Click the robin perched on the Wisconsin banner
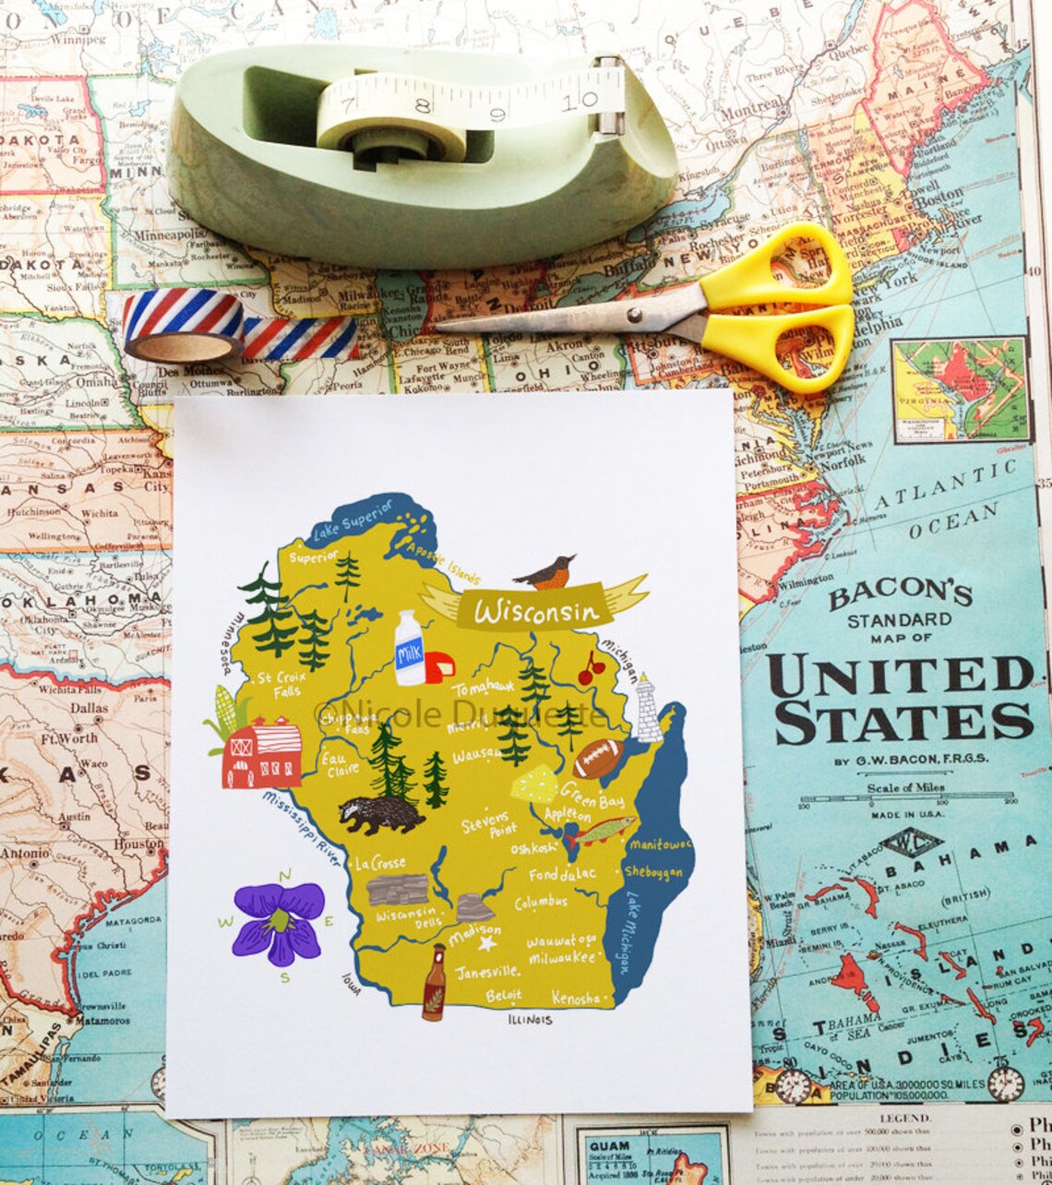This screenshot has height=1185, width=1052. pos(545,572)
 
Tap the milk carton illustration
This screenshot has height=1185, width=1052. pos(409,649)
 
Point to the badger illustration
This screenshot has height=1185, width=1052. pos(379,813)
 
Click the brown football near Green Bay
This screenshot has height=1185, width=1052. pos(600,758)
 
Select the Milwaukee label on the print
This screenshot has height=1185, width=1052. pos(562,959)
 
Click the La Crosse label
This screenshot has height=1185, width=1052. pos(379,863)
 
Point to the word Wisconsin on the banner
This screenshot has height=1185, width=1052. pos(536,611)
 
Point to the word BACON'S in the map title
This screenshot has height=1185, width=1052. pos(899,595)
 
